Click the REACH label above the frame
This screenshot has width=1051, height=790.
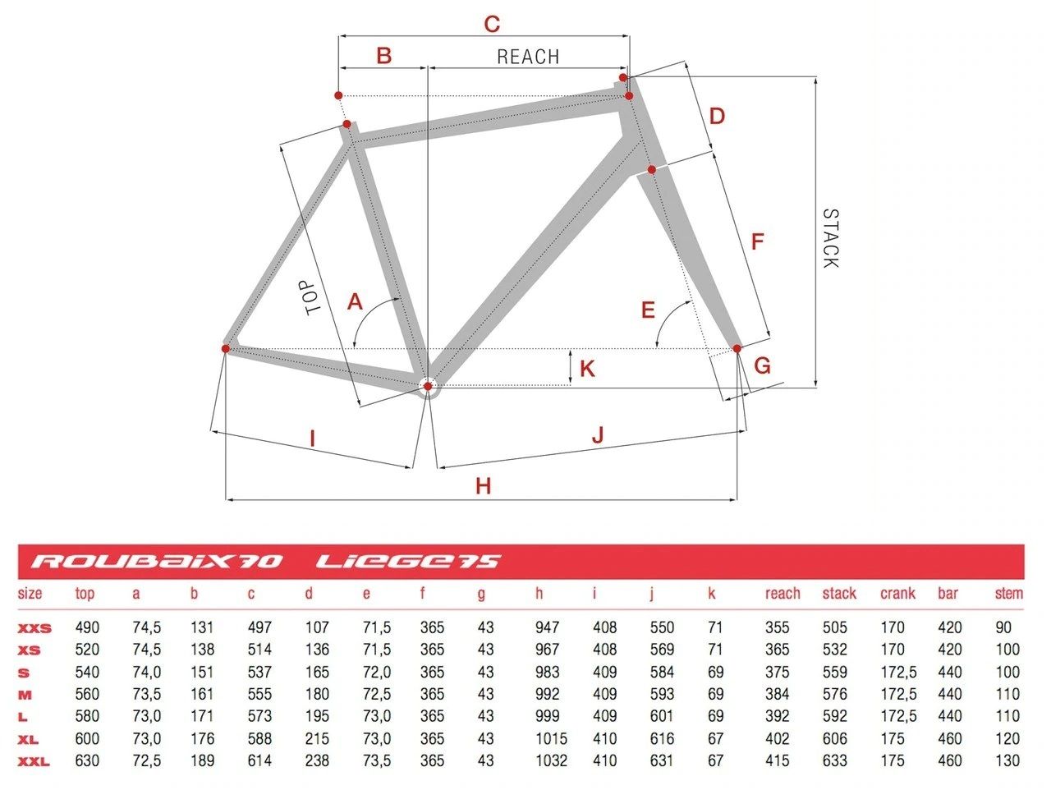pos(527,57)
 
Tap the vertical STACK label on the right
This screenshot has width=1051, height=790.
pos(830,238)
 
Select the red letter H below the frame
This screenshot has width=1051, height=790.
pos(483,486)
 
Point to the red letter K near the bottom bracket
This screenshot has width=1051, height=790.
pos(586,369)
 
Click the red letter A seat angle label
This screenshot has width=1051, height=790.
pos(355,302)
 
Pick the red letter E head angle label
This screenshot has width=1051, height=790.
pos(648,310)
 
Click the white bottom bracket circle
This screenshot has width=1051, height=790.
pos(427,386)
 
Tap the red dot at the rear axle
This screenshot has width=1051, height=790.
pos(226,348)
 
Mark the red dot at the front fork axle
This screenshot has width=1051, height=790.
pos(737,349)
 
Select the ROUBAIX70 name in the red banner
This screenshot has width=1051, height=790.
pos(157,562)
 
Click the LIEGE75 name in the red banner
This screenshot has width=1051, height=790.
pos(408,562)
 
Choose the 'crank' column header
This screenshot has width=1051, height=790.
pos(897,594)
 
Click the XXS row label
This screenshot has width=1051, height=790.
pos(34,628)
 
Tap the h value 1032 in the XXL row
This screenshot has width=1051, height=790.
pos(551,760)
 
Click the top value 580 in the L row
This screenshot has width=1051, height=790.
pos(87,716)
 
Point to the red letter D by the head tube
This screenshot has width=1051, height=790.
pos(717,116)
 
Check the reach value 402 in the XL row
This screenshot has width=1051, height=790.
pos(777,738)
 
